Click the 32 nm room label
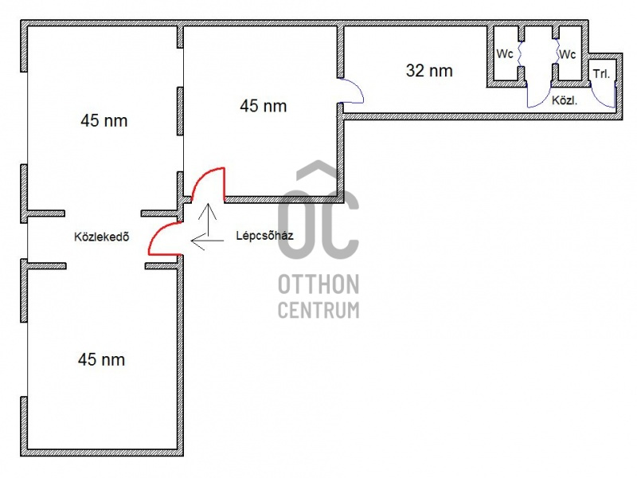pos(429,71)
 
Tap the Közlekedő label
pos(102,237)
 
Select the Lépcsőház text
pos(264,236)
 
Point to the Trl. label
pos(601,74)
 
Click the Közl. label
pos(565,100)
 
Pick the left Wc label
pos(505,54)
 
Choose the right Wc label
pos(567,54)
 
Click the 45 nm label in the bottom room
pos(102,360)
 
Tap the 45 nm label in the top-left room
pos(104,121)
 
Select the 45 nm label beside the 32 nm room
pos(264,106)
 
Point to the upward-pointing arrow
pos(208,220)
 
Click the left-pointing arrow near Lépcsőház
pos(207,241)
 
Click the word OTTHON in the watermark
pos(318,284)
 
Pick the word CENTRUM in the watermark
pos(318,310)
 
